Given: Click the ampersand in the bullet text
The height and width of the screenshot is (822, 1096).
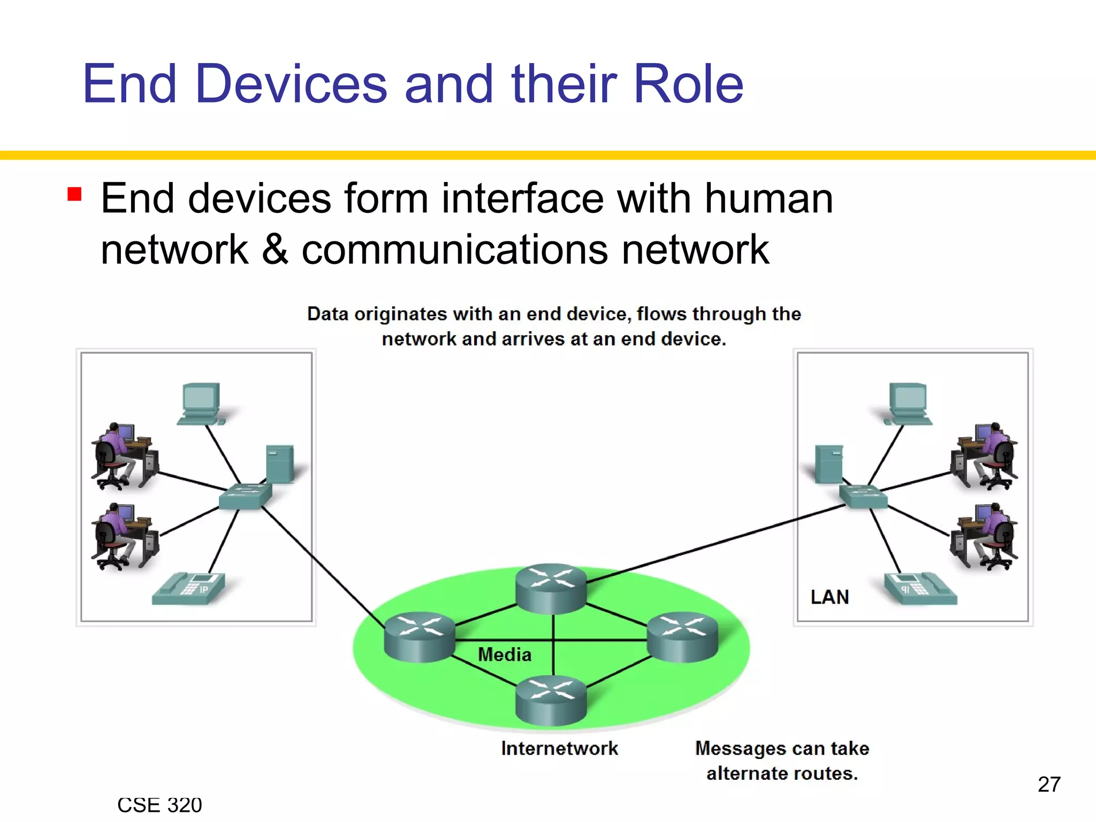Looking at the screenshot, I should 275,249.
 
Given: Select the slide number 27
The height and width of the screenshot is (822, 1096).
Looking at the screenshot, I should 1048,785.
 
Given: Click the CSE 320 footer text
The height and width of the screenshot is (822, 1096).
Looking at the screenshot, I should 159,805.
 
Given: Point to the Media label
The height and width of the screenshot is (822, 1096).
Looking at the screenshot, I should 504,654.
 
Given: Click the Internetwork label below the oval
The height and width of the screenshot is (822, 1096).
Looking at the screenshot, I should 559,748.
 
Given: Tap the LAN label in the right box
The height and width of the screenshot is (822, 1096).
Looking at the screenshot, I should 829,597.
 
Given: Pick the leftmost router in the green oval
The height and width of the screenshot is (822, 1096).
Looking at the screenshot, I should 420,637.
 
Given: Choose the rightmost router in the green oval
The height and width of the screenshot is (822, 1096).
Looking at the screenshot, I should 682,637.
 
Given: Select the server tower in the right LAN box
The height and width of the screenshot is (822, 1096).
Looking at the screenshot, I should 828,463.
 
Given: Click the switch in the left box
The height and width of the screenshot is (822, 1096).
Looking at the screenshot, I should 245,496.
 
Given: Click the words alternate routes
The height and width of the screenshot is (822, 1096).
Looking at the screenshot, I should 782,774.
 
